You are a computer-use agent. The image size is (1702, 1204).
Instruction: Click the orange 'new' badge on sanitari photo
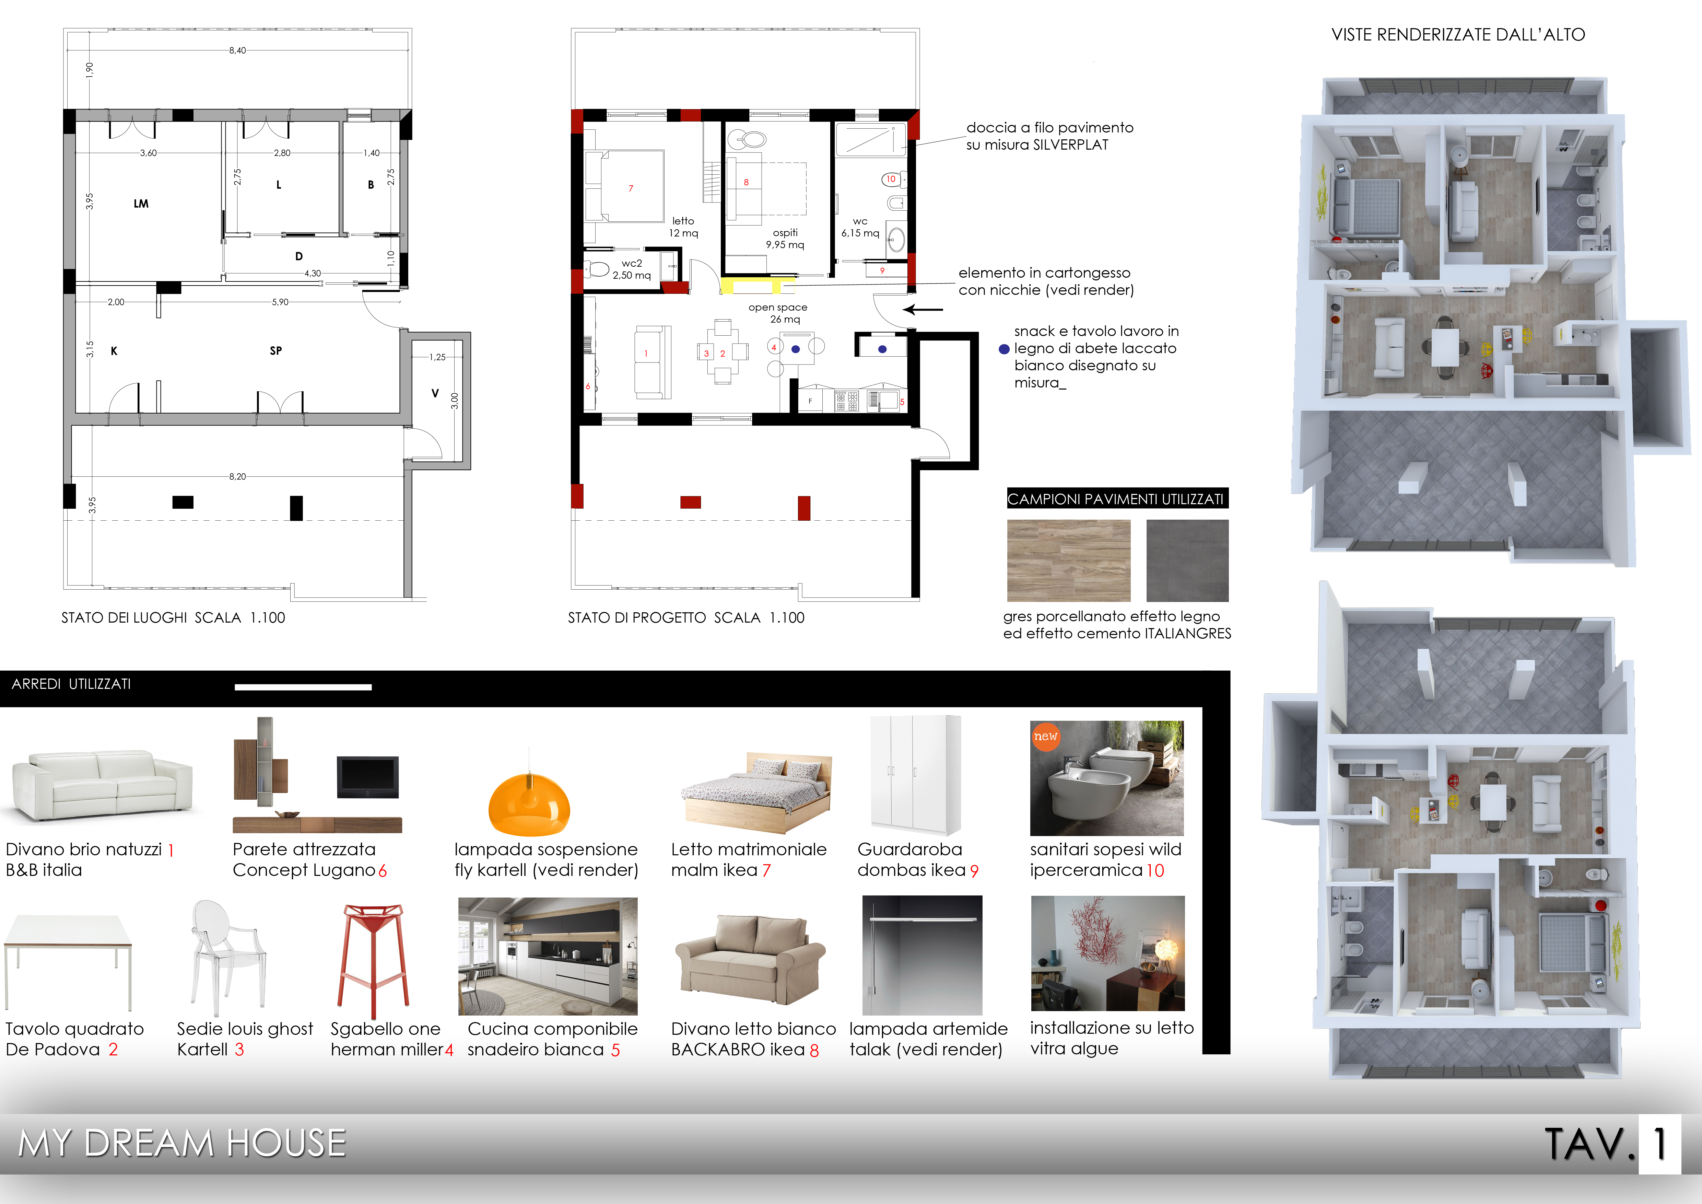coord(1045,736)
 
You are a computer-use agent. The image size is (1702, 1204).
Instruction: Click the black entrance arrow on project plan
coord(923,310)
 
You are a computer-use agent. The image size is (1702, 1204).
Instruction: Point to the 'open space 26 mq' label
coord(778,313)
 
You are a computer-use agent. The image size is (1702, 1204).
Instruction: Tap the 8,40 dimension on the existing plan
coord(237,50)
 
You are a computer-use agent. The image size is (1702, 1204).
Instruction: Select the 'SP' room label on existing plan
coord(276,351)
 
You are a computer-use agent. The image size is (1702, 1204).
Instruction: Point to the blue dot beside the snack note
coord(1005,349)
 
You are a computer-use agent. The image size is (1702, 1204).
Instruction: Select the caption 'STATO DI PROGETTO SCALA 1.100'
coord(686,617)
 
